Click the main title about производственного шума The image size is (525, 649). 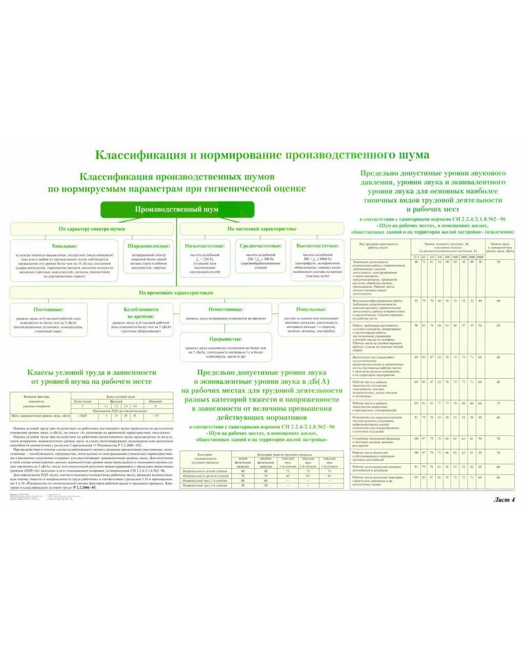(x=262, y=154)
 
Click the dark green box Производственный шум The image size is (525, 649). (x=177, y=209)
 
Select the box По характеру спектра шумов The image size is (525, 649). (x=92, y=229)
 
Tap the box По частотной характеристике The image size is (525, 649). (x=261, y=229)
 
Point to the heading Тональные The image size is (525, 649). (x=65, y=246)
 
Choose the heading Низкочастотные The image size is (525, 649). (x=205, y=246)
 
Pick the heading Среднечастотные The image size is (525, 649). (x=260, y=246)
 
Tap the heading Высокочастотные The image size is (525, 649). (x=317, y=246)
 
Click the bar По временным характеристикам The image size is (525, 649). (x=176, y=292)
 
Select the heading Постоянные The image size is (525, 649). (x=49, y=309)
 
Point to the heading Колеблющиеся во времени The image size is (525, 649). (x=141, y=312)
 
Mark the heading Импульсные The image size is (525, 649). (x=311, y=309)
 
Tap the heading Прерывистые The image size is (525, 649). (x=226, y=339)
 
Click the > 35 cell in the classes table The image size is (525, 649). (x=155, y=416)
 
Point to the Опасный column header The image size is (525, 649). (x=155, y=401)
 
